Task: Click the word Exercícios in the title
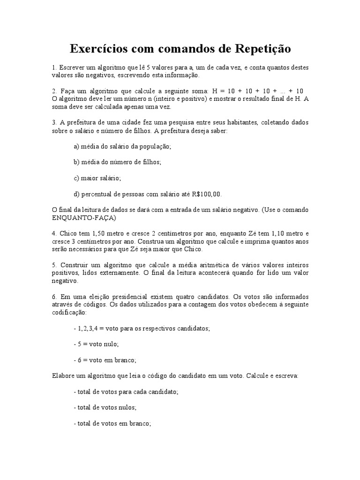(101, 49)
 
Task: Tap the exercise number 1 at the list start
(53, 68)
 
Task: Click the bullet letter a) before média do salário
(77, 147)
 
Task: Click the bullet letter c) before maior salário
(76, 178)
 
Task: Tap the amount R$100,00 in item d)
(207, 194)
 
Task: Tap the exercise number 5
(53, 265)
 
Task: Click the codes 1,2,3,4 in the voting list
(88, 329)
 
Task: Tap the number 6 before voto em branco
(80, 360)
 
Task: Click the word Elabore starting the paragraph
(63, 376)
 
